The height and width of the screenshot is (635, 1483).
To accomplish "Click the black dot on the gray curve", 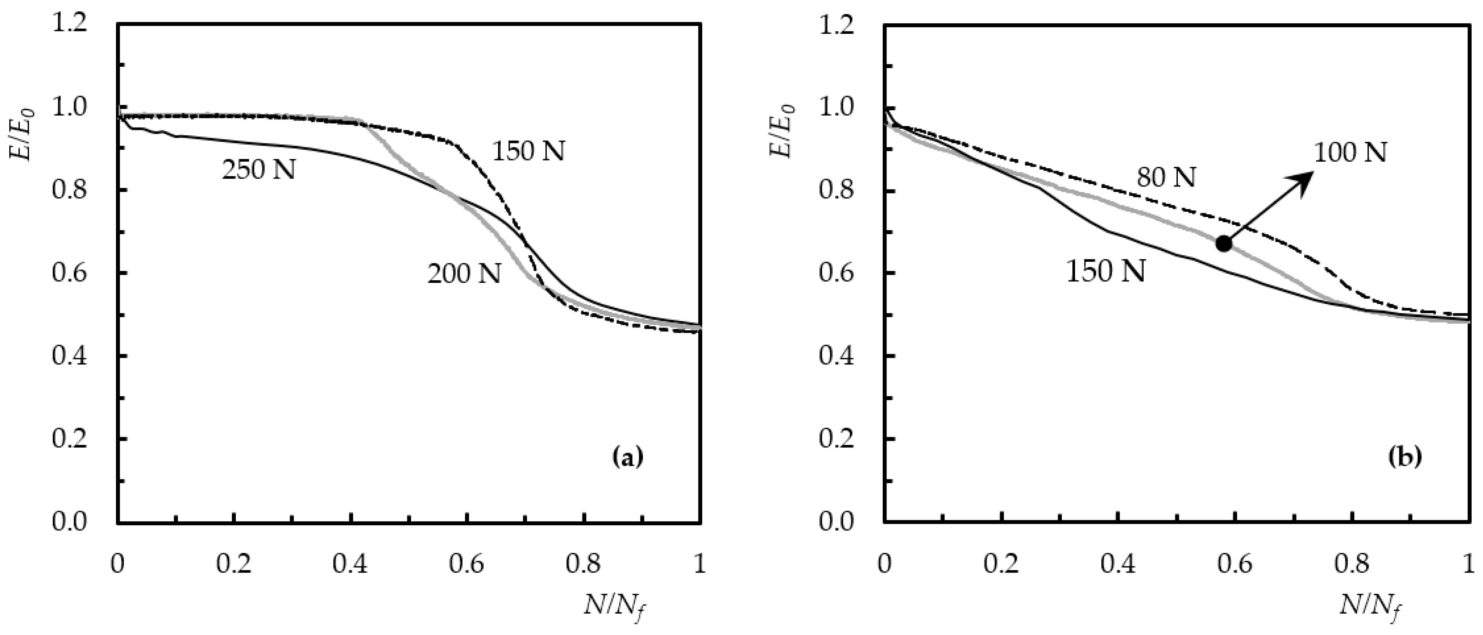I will pyautogui.click(x=1224, y=243).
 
